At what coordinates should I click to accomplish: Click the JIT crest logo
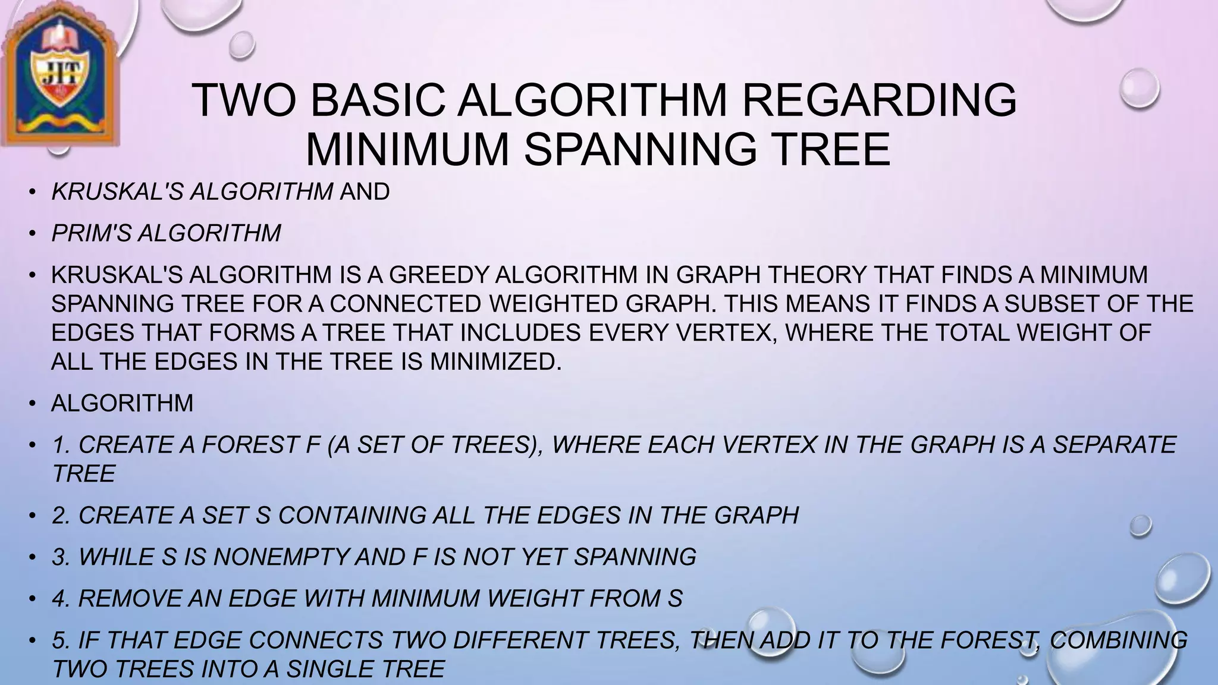pos(59,74)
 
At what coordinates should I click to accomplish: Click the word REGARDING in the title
pos(880,100)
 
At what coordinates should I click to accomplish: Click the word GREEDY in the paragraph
pos(439,275)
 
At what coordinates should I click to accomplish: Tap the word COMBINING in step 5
pos(1119,640)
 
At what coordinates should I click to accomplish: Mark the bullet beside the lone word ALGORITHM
pos(33,404)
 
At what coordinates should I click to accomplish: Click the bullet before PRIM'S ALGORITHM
pos(33,234)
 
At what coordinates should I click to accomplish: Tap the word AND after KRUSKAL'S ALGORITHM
pos(365,191)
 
